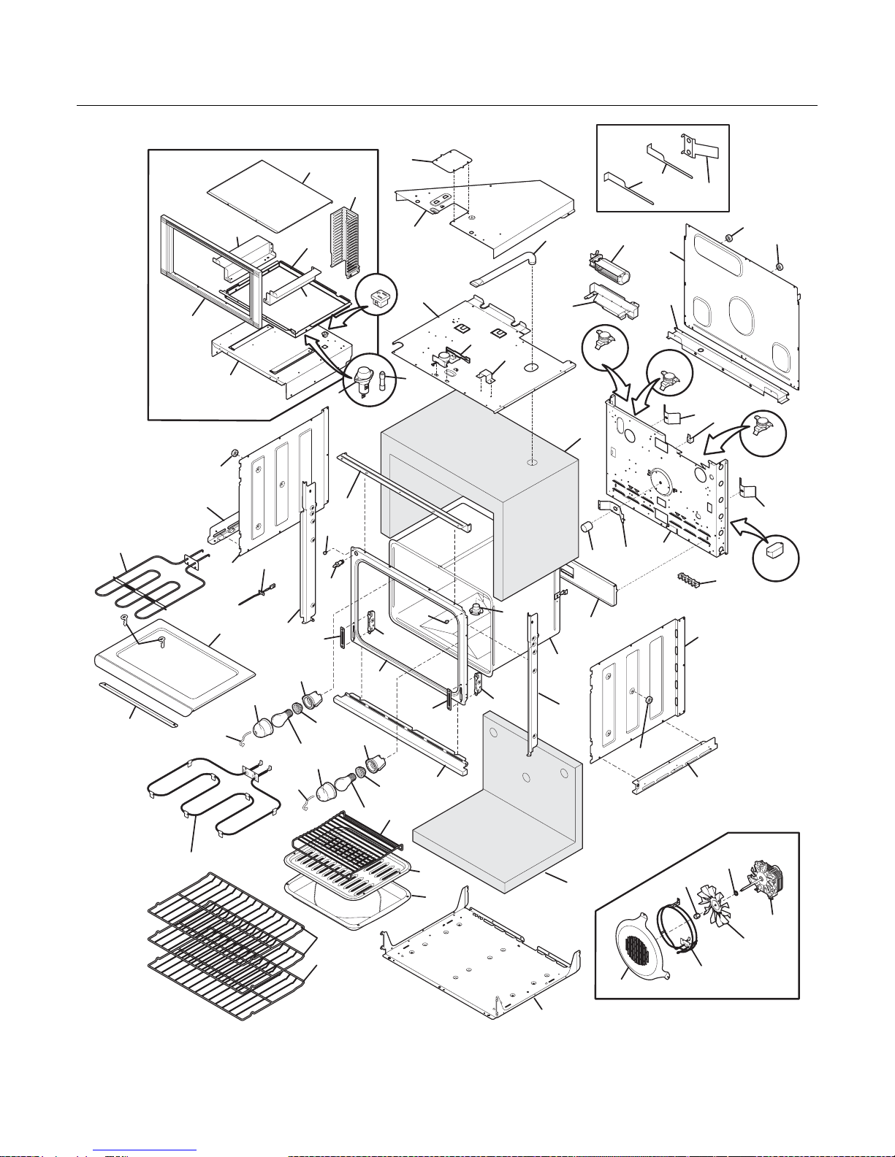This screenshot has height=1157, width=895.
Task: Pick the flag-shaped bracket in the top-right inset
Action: click(699, 150)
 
